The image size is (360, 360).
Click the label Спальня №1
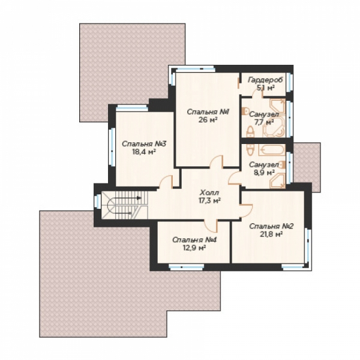pyautogui.click(x=208, y=112)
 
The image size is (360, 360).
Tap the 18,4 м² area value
pyautogui.click(x=144, y=152)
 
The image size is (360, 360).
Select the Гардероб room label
pyautogui.click(x=265, y=80)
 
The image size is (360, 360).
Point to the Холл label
pyautogui.click(x=209, y=193)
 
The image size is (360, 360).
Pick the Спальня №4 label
pyautogui.click(x=194, y=240)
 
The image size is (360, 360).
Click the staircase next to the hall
pyautogui.click(x=124, y=205)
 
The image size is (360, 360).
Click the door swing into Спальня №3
pyautogui.click(x=166, y=182)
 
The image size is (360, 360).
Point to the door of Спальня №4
pyautogui.click(x=211, y=225)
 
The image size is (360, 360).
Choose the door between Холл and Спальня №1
pyautogui.click(x=217, y=162)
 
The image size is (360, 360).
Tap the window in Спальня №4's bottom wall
pyautogui.click(x=186, y=266)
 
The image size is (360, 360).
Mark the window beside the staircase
pyautogui.click(x=98, y=202)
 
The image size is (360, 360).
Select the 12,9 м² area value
pyautogui.click(x=193, y=248)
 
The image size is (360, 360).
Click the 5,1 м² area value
pyautogui.click(x=266, y=88)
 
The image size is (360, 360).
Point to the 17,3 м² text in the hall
pyautogui.click(x=209, y=200)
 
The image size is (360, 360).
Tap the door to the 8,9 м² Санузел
pyautogui.click(x=235, y=178)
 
